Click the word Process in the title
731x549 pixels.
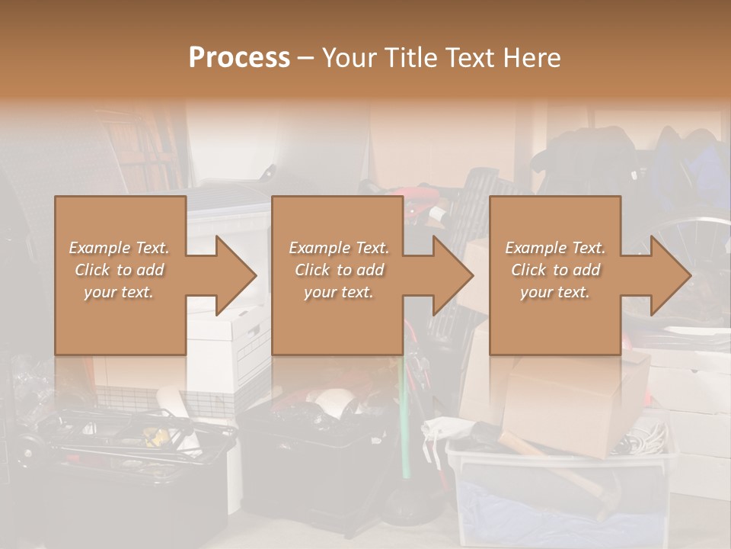239,58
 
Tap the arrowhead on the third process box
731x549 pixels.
669,275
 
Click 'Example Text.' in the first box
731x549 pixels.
120,248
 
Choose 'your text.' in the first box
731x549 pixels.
120,292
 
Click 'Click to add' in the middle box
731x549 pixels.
339,270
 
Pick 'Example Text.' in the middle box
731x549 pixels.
339,248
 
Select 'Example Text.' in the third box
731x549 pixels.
555,248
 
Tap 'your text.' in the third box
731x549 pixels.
555,292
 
